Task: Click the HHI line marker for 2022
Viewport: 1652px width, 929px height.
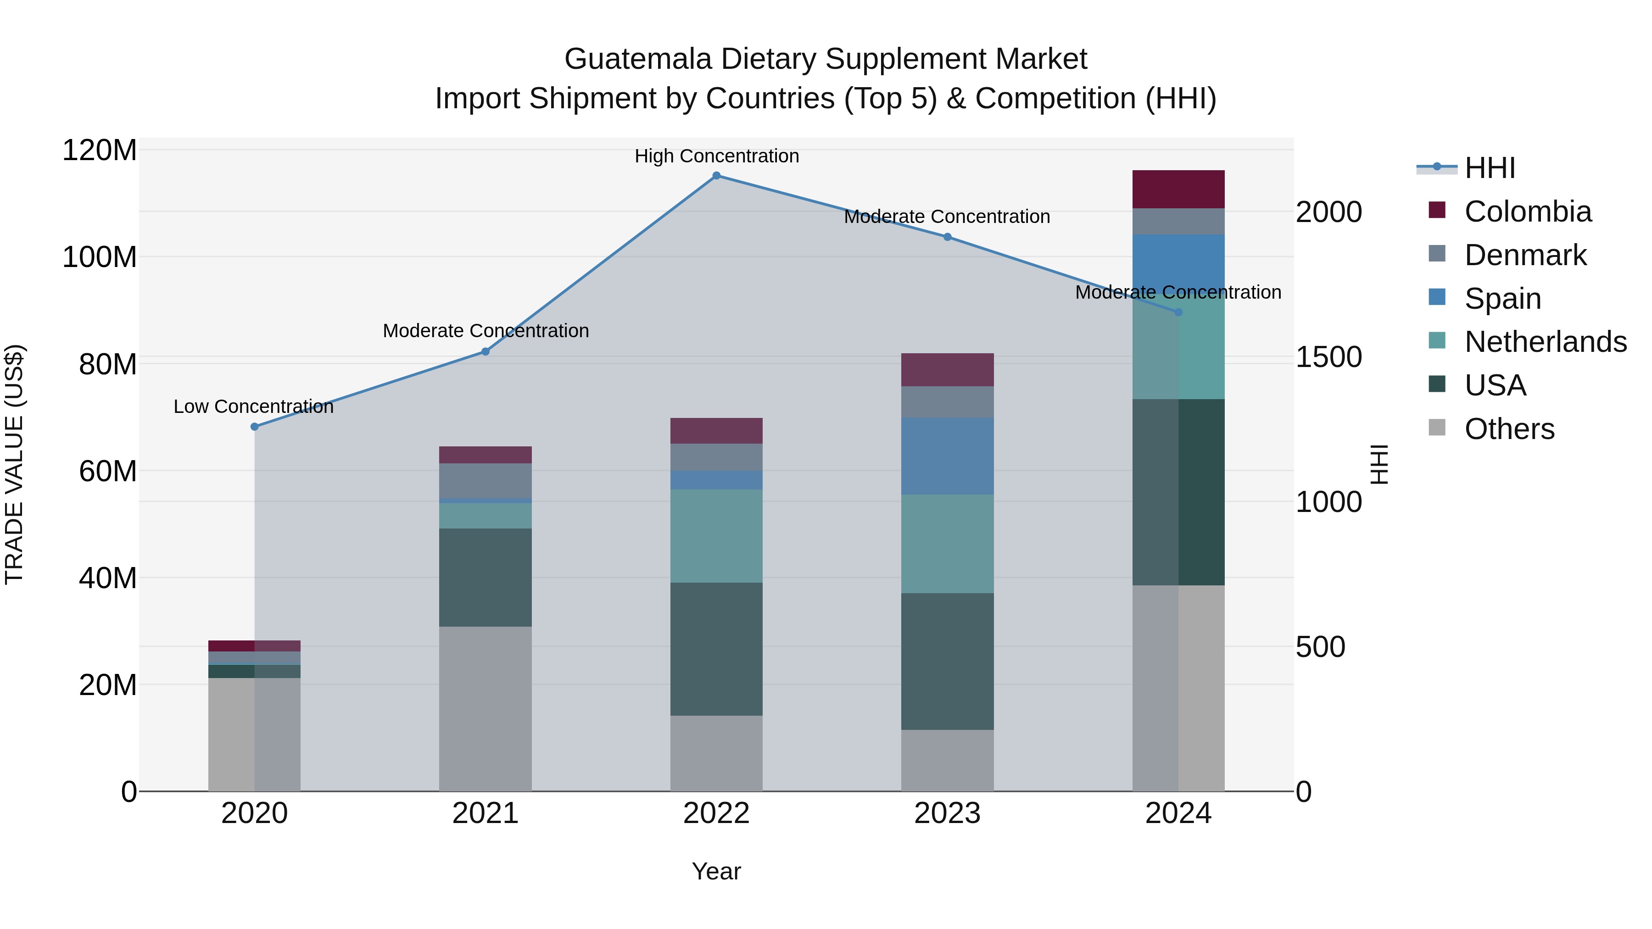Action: (x=716, y=176)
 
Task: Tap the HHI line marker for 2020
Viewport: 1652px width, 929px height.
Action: (x=255, y=426)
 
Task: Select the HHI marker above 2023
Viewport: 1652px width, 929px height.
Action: (x=947, y=237)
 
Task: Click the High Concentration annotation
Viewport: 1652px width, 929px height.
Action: (x=716, y=156)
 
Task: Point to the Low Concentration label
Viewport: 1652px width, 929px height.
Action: (x=253, y=406)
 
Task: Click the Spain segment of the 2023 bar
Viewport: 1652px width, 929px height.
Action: (x=947, y=456)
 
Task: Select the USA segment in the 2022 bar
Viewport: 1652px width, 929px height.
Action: (x=716, y=648)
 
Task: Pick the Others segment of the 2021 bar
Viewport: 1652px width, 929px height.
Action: (x=486, y=708)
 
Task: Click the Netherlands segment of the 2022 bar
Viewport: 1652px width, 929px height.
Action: (x=716, y=536)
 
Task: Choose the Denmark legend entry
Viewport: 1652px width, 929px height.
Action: (x=1525, y=255)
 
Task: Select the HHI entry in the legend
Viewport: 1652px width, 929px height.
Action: (x=1489, y=168)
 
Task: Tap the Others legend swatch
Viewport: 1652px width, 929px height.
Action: (x=1437, y=428)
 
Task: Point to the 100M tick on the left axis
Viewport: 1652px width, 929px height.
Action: (x=100, y=257)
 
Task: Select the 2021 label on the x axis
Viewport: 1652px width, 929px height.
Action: (x=486, y=813)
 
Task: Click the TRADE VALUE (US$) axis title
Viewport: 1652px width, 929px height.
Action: (x=14, y=464)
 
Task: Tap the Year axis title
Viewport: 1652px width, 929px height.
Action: (x=716, y=871)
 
